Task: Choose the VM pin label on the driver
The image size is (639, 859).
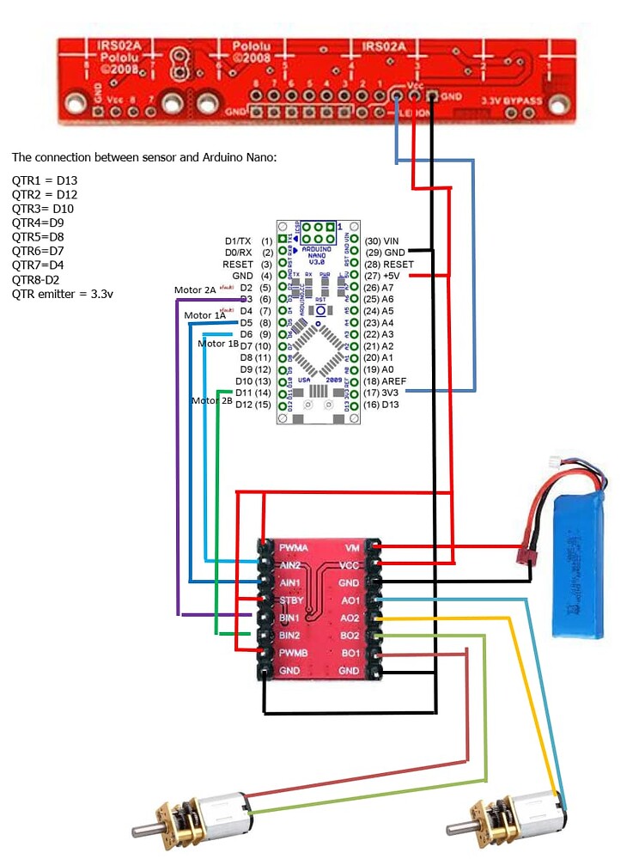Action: pyautogui.click(x=352, y=547)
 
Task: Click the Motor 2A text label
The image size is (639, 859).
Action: pyautogui.click(x=195, y=290)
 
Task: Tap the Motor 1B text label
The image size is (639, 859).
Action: pyautogui.click(x=218, y=344)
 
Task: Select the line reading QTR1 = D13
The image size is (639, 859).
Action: pyautogui.click(x=45, y=180)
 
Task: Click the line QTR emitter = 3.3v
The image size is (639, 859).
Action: pyautogui.click(x=63, y=294)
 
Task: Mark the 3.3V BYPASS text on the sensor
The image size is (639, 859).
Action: pyautogui.click(x=513, y=101)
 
